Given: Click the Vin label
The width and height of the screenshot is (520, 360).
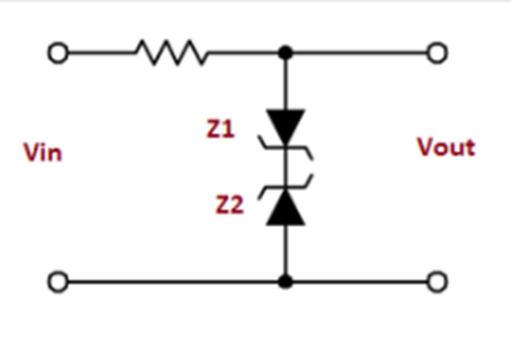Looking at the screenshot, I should point(43,152).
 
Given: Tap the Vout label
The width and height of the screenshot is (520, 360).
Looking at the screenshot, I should point(446,147).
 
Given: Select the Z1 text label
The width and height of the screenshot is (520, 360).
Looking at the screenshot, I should point(220,129).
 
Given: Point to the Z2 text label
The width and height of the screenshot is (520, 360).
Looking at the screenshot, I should point(229,205).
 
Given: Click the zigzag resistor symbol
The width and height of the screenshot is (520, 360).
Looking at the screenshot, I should point(172,53).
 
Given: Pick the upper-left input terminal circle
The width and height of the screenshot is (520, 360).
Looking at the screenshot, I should point(58,53).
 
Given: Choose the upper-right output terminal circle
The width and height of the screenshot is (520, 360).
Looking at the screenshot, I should point(437,53).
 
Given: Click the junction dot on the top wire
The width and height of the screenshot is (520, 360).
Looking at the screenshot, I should point(286,52).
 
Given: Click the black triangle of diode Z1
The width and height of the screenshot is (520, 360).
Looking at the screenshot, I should point(286,125).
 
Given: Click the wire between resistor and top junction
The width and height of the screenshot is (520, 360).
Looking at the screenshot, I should point(244,53).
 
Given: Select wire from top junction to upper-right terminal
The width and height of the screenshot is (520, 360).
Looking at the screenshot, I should point(361,53).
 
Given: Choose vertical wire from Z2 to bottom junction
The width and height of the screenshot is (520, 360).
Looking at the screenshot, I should point(286,251).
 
